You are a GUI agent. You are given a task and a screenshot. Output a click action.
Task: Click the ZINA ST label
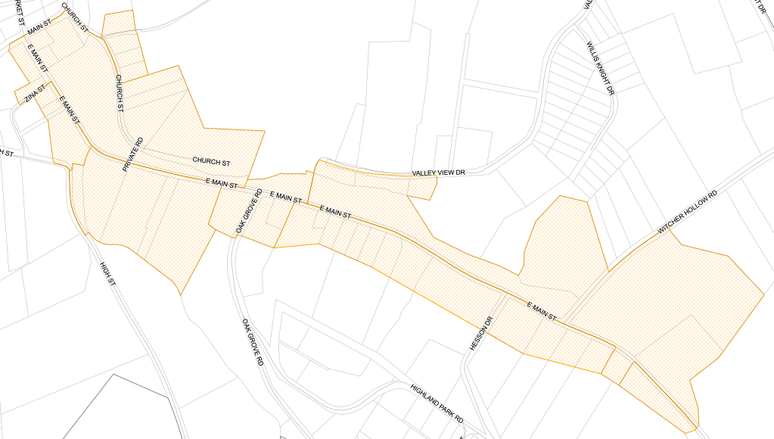click(x=35, y=94)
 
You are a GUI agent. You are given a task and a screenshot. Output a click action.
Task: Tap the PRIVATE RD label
click(x=132, y=154)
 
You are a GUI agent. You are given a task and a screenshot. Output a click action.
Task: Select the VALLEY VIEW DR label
click(x=437, y=173)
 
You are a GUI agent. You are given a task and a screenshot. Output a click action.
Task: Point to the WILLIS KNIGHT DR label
click(x=601, y=68)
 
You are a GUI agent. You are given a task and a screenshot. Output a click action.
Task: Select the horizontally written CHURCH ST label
click(x=211, y=161)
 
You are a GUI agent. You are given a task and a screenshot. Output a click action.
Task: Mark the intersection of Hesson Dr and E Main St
click(x=505, y=294)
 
